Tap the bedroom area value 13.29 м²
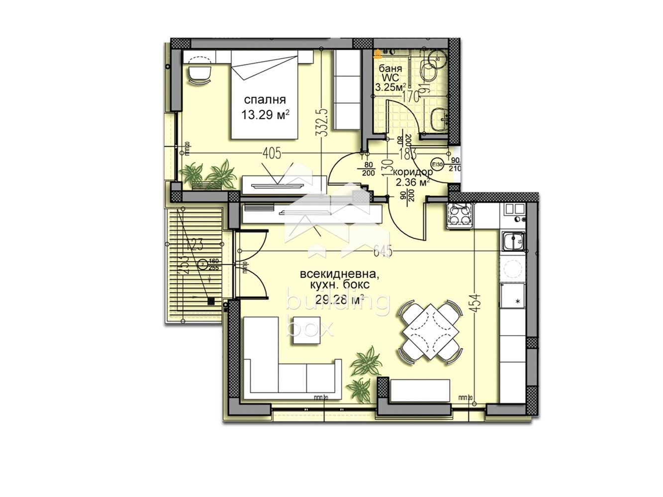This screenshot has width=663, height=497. [265, 115]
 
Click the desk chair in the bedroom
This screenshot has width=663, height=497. [200, 75]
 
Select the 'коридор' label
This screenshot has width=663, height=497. [412, 172]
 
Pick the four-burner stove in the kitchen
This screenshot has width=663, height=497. [460, 216]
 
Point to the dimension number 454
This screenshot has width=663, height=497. [477, 300]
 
